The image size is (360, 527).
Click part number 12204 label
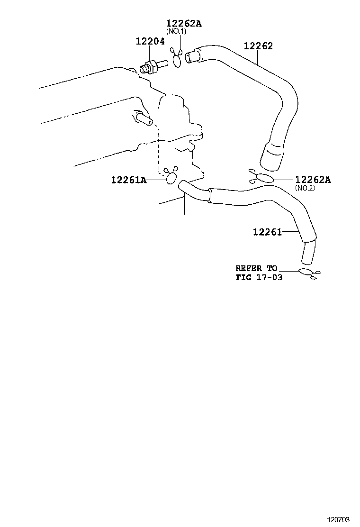150,41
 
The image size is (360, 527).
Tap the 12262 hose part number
258,45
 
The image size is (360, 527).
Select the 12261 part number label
267,232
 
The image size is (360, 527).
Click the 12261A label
129,180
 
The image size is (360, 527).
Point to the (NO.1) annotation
176,31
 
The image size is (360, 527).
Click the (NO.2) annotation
305,188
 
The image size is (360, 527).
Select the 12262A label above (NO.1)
184,23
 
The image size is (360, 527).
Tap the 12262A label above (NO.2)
313,180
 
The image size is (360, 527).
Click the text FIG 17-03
259,277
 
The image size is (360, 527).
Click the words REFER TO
257,268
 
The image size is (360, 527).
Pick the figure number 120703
338,520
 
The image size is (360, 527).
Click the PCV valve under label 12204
153,66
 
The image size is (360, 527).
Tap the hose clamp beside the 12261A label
171,176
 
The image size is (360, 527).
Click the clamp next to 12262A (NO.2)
262,177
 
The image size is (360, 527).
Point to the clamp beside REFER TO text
308,273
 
